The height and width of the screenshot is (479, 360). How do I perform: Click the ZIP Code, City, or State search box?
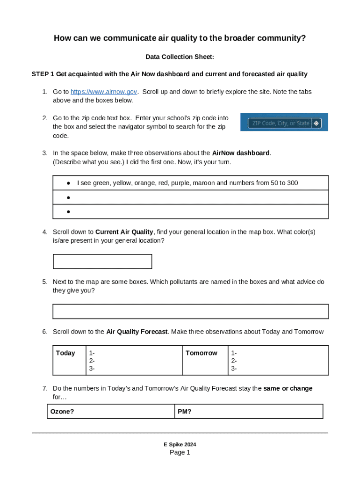point(280,123)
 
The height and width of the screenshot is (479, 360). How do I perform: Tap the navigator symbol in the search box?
point(317,123)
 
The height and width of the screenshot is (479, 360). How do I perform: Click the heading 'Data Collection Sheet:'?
point(180,57)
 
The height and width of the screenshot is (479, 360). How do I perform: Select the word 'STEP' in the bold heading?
point(40,74)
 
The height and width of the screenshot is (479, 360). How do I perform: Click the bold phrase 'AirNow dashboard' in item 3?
point(241,153)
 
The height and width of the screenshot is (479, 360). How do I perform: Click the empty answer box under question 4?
point(102,261)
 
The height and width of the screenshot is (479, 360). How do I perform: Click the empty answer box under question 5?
point(190,312)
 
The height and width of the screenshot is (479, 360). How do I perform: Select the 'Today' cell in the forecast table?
point(65,353)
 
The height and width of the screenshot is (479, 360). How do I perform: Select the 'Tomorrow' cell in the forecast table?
point(201,353)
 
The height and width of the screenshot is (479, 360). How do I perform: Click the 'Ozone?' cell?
point(62,412)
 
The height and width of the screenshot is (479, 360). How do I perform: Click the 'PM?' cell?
point(185,412)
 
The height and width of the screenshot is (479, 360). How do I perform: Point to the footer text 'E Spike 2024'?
point(180,444)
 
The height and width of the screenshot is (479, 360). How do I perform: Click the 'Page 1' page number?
point(180,452)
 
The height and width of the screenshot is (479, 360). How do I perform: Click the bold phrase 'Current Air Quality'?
point(124,232)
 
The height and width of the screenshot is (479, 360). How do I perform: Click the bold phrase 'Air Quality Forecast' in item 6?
point(137,332)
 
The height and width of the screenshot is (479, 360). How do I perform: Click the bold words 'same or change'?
point(288,388)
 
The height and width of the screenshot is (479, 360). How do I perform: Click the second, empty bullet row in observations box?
point(190,197)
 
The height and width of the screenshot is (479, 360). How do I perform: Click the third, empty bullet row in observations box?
point(190,212)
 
